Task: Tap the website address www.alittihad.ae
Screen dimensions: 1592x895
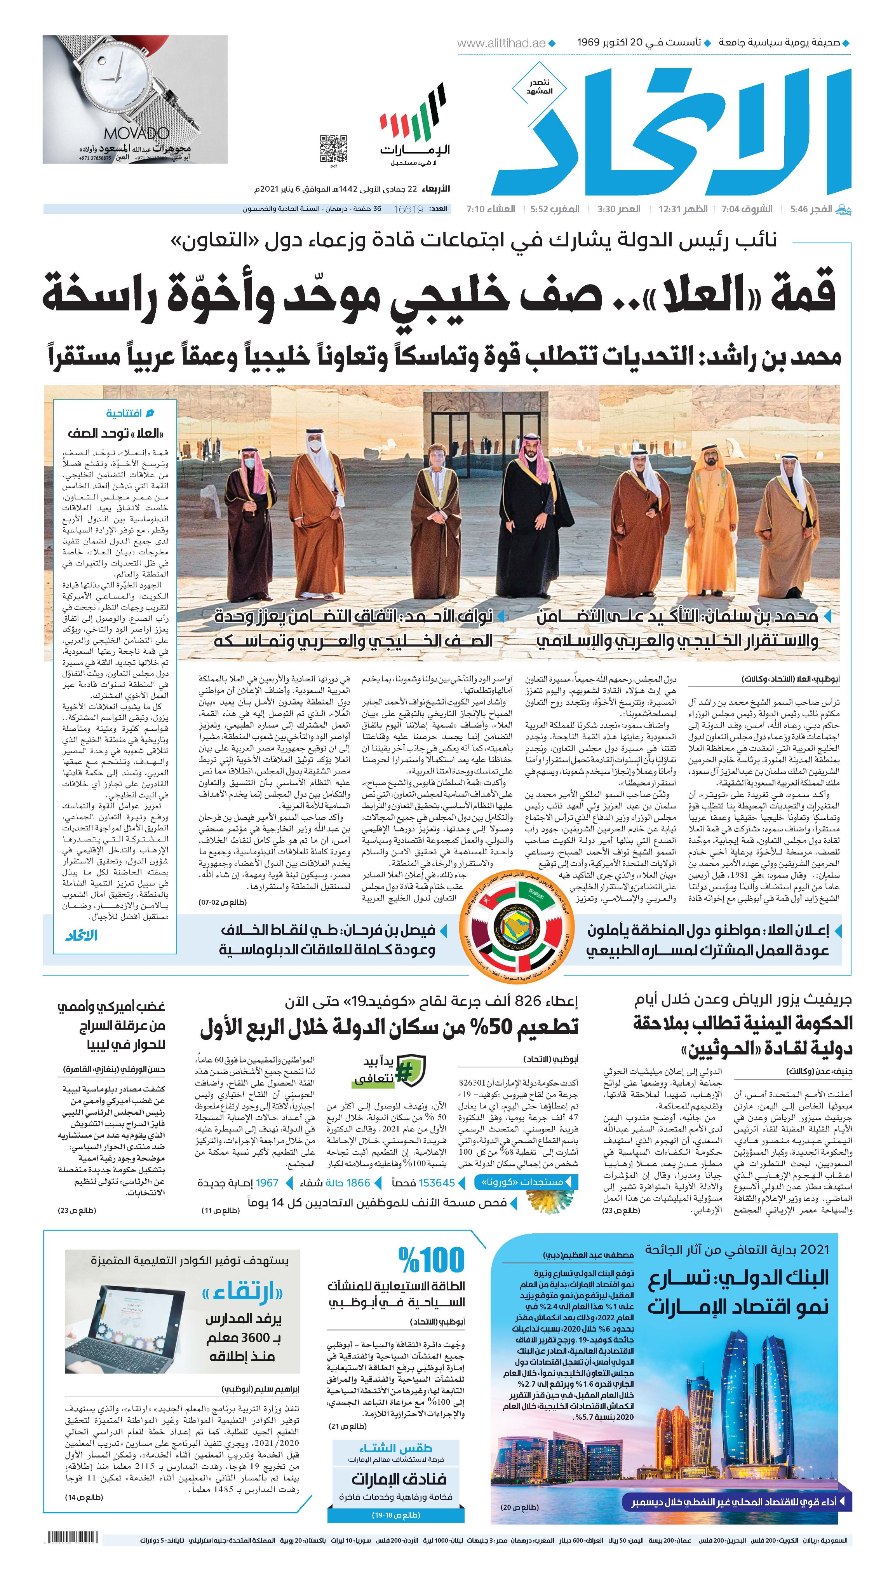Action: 501,43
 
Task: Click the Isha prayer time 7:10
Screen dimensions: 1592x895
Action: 477,209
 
